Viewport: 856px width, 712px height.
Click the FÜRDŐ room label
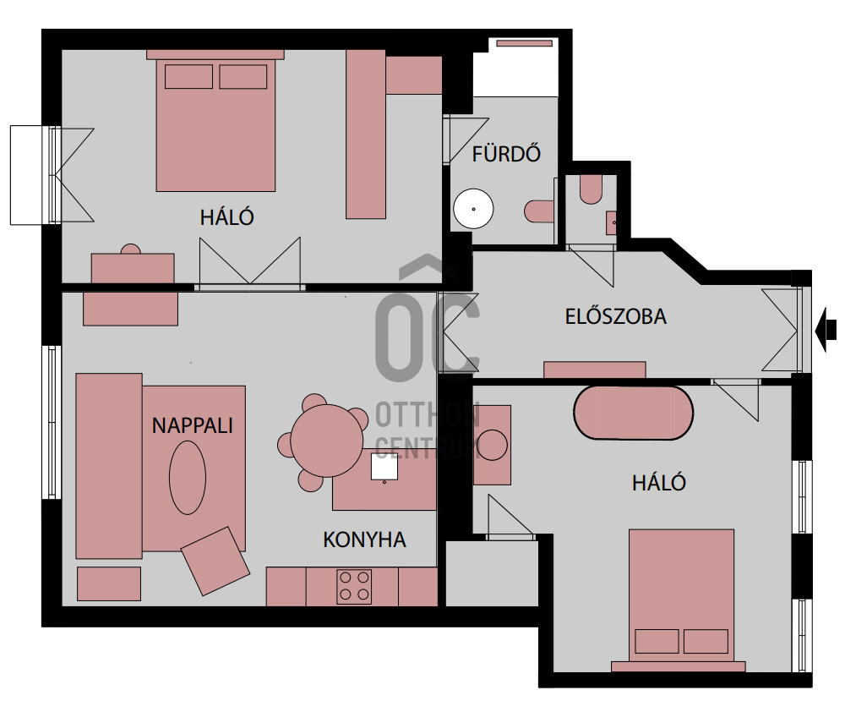tap(506, 154)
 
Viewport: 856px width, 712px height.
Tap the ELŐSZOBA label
tap(615, 317)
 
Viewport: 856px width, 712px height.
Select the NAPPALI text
tap(192, 425)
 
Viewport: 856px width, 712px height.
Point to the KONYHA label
tap(364, 539)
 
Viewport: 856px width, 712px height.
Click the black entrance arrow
tap(826, 330)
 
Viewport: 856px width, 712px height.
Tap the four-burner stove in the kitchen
tap(354, 587)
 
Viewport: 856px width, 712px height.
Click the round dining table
tap(327, 441)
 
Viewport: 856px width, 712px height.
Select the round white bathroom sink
tap(473, 209)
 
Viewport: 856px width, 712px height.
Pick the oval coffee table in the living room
tap(188, 478)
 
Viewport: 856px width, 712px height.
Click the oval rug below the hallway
tap(633, 414)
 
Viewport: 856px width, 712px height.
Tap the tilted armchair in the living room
tap(215, 561)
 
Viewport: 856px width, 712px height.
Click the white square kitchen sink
tap(384, 467)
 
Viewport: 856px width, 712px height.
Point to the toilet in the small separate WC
tap(591, 189)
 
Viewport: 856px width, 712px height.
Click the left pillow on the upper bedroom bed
tap(189, 76)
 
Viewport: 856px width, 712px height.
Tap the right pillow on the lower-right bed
tap(706, 642)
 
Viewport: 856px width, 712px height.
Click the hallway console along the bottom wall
tap(595, 370)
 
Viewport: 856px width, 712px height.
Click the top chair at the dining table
tap(314, 403)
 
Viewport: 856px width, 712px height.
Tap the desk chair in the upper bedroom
tap(130, 249)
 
